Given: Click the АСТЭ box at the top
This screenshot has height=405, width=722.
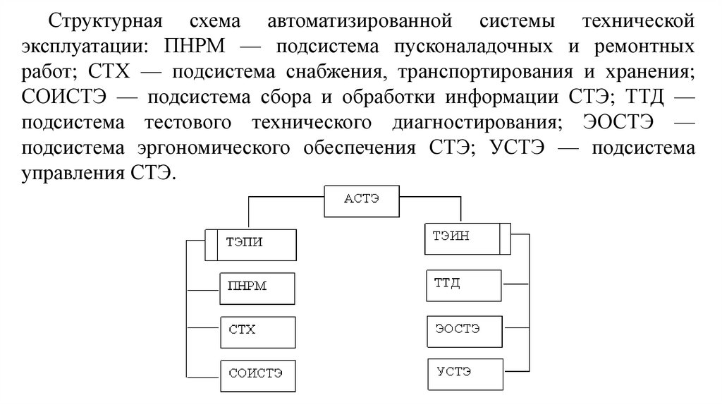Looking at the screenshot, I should (361, 200).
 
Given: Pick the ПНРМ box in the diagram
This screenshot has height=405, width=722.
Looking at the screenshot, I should (257, 286).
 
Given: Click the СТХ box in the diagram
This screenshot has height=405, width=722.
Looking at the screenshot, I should (257, 330).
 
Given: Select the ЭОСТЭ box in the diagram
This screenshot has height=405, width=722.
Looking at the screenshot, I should (465, 329).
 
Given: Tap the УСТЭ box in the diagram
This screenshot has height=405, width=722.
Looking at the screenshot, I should (465, 372).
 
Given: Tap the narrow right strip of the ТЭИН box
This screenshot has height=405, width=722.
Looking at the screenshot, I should (504, 237).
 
